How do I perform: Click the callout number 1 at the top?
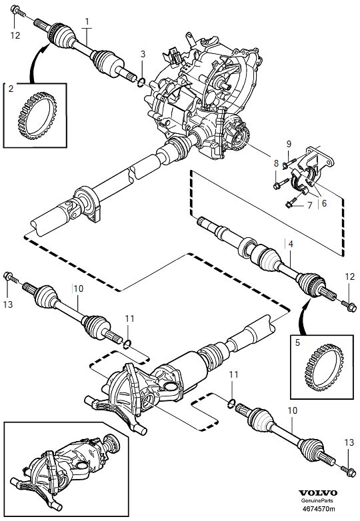pyautogui.click(x=87, y=22)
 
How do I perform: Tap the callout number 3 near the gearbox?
pyautogui.click(x=142, y=53)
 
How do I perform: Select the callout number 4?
pyautogui.click(x=291, y=245)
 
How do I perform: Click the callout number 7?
pyautogui.click(x=309, y=207)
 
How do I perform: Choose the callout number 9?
pyautogui.click(x=288, y=143)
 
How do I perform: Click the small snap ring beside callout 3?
pyautogui.click(x=141, y=81)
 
